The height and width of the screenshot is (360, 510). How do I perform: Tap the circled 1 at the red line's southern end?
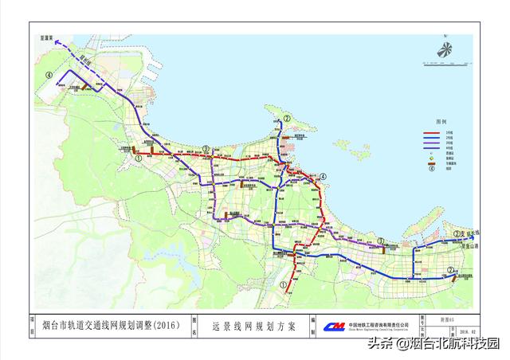pos(284,283)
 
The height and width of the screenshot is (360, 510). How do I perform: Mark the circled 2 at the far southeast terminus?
pos(451,271)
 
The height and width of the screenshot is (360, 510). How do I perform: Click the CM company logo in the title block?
pos(335,327)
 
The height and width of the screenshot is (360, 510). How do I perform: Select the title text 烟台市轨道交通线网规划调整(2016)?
pos(116,326)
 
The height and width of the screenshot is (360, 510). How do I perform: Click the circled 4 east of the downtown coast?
pos(324,177)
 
